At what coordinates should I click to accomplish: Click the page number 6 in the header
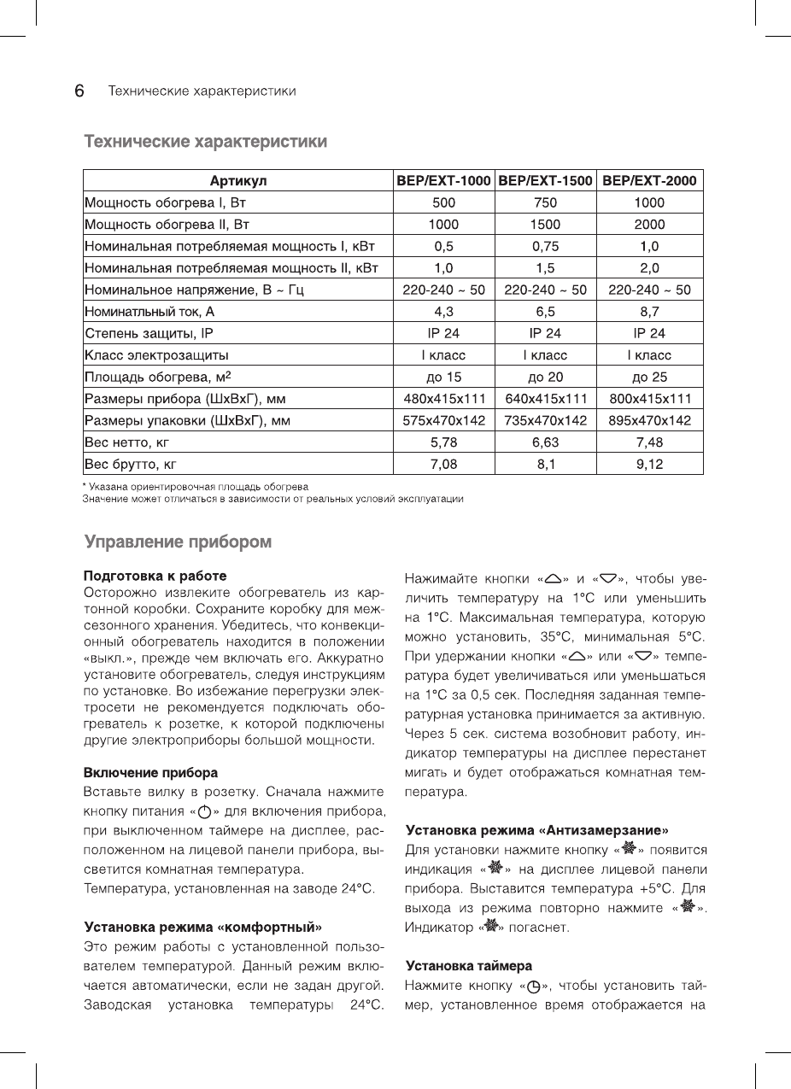pos(79,91)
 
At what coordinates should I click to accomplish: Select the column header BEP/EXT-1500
pos(545,180)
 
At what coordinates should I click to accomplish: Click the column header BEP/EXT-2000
pos(649,180)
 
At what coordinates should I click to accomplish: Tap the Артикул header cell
pos(238,180)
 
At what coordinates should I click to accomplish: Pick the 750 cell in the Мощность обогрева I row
pos(545,202)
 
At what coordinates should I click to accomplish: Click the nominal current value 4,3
pos(443,312)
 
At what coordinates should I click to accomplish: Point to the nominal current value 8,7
pos(649,312)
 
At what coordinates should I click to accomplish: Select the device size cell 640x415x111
pos(545,399)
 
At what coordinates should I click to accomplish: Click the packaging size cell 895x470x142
pos(649,420)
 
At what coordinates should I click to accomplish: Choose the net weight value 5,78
pos(443,442)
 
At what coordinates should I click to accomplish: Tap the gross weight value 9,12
pos(649,465)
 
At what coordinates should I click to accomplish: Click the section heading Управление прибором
pos(178,542)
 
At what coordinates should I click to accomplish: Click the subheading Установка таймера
pos(468,965)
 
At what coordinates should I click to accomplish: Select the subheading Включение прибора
pos(150,773)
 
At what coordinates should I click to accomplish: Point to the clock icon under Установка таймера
pos(535,986)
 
